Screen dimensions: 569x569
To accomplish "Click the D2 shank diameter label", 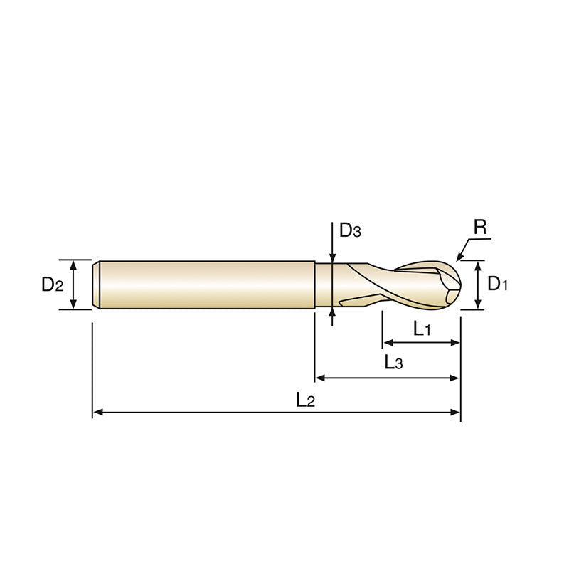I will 53,285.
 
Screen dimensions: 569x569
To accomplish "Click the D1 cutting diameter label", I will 498,284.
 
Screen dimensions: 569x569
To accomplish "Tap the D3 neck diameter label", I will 350,230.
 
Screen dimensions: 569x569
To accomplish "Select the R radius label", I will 480,228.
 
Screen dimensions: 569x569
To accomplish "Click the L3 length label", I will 393,363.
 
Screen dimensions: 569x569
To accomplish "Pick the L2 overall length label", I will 305,400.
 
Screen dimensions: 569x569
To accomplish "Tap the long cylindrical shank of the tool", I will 206,284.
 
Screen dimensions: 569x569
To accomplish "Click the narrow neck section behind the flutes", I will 324,284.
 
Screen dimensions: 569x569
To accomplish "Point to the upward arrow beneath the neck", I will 333,316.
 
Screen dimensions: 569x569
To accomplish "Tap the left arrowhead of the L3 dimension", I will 320,377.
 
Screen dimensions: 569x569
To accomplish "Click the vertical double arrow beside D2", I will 73,284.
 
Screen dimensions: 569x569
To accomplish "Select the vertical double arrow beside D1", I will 479,284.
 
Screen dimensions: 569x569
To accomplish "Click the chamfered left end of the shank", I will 97,284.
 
